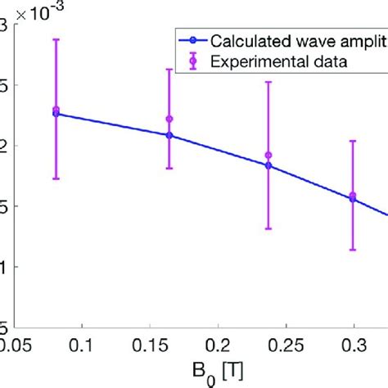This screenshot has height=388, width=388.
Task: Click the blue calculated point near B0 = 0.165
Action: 169,135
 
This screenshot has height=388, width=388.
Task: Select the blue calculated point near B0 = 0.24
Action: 268,165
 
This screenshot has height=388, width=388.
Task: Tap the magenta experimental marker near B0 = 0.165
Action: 169,120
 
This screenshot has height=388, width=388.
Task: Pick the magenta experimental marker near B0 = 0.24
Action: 268,156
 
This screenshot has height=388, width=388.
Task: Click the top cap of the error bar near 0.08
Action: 56,38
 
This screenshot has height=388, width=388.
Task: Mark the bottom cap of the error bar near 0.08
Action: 56,178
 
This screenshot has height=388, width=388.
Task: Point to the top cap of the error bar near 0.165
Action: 169,70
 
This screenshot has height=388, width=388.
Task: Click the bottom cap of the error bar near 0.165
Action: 169,168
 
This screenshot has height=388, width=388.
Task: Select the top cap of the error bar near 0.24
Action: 268,81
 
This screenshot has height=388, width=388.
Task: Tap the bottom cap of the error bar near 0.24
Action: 268,228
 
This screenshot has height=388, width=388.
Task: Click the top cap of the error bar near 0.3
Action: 353,141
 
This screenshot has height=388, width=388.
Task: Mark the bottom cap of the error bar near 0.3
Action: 353,250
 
